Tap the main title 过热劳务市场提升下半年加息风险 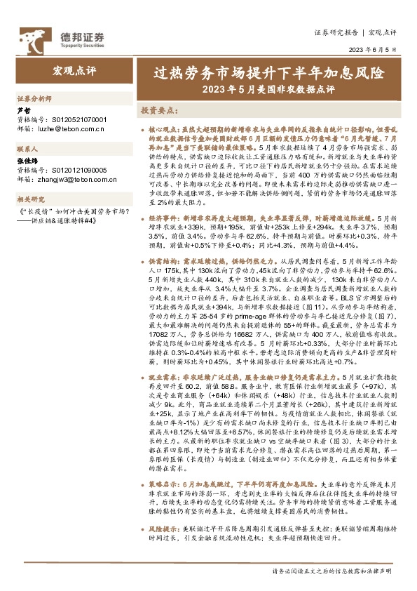[268, 73]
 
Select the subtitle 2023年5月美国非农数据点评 [268, 89]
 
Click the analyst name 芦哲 [23, 111]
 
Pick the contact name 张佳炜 [26, 161]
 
